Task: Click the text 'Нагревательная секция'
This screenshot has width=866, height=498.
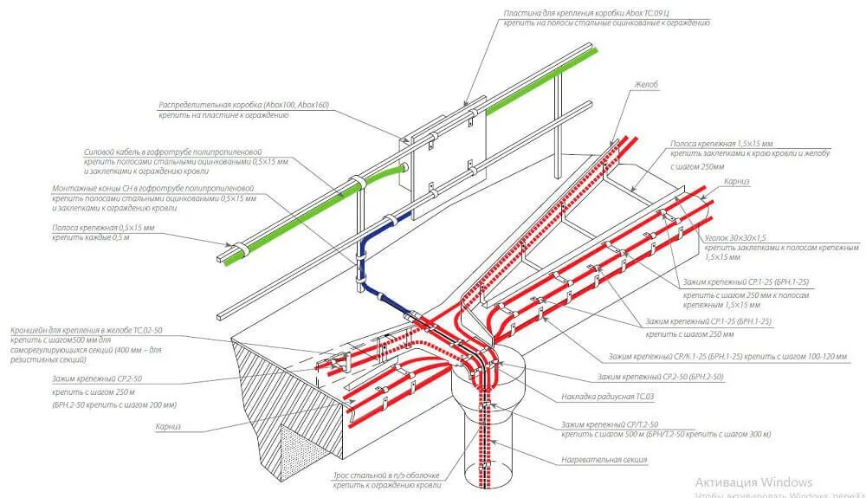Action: [604, 459]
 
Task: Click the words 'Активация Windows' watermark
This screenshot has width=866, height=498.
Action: [754, 482]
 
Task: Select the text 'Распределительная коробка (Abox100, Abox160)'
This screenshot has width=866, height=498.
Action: [243, 105]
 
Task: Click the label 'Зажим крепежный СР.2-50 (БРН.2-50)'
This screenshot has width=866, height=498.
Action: [660, 377]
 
